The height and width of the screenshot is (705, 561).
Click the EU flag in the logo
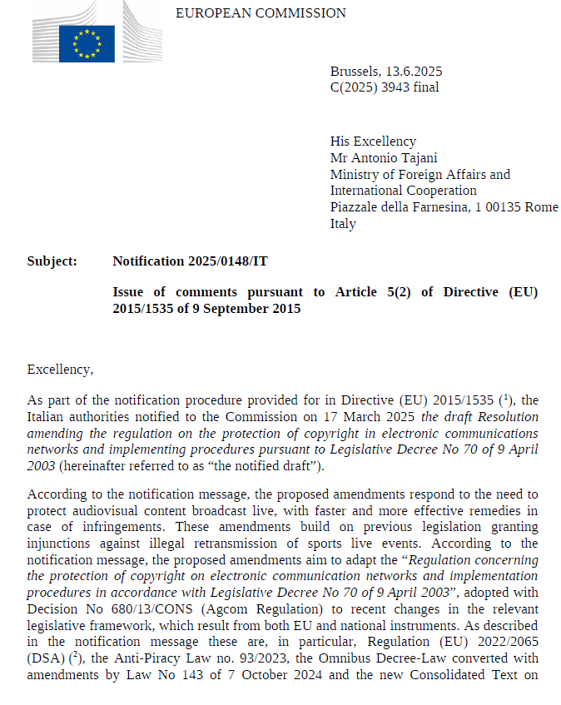[x=87, y=43]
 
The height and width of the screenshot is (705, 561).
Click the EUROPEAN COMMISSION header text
[x=261, y=13]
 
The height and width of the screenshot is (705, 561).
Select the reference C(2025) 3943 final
[x=384, y=87]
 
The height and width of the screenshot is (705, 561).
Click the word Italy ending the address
[x=343, y=224]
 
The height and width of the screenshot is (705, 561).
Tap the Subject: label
[x=52, y=261]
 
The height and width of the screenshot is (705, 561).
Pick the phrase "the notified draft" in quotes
[x=268, y=464]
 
